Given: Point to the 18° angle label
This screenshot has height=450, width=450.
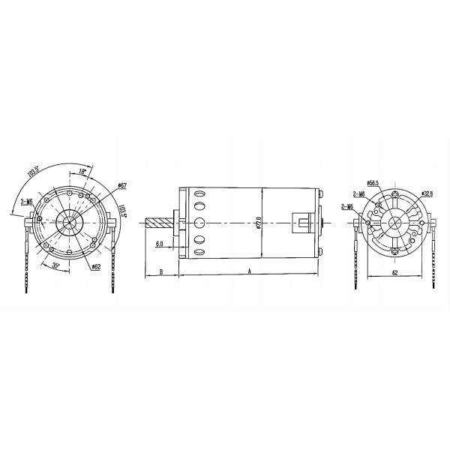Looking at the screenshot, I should [x=83, y=172].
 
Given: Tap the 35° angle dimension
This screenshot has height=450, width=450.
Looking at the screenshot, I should [x=55, y=265].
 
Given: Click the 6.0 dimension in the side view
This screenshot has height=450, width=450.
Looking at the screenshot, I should [x=160, y=244].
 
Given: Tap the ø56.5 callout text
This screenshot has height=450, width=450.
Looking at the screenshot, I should [x=376, y=182].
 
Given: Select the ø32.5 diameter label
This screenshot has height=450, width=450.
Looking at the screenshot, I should [x=428, y=193].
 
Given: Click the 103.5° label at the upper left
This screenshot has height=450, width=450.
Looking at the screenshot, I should [x=32, y=177].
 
